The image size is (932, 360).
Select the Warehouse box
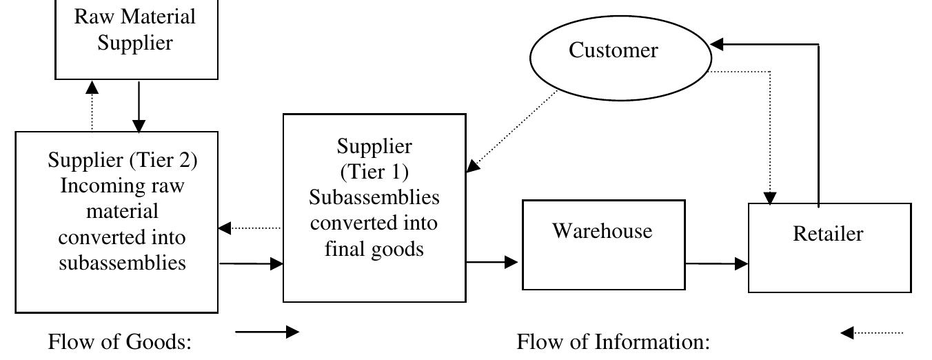[603, 245]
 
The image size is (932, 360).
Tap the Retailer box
[829, 248]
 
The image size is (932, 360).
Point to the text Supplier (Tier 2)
[122, 160]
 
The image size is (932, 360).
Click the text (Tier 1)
[374, 172]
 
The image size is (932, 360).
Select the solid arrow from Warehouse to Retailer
[716, 263]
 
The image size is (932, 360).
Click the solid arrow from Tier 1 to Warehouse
[492, 262]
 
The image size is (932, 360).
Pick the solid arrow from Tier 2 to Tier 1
[251, 263]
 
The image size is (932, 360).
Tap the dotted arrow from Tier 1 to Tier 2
[250, 228]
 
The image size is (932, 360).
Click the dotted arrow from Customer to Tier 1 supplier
[514, 130]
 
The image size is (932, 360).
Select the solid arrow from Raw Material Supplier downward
[139, 106]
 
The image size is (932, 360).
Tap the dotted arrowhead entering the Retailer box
[771, 197]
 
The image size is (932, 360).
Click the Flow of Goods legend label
[119, 341]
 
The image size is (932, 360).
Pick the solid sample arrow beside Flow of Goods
[267, 332]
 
